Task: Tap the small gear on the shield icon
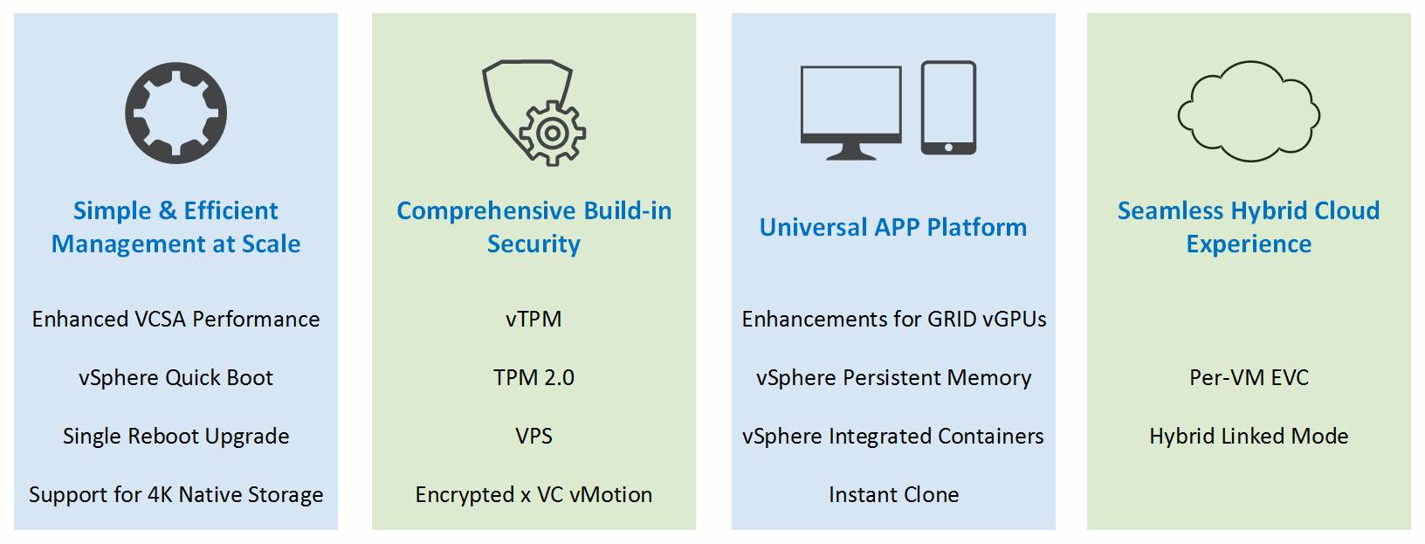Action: pyautogui.click(x=552, y=133)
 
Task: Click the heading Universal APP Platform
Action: pyautogui.click(x=893, y=227)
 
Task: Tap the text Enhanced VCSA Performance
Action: pyautogui.click(x=176, y=319)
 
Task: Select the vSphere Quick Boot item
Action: pyautogui.click(x=176, y=377)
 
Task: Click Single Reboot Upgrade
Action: pyautogui.click(x=176, y=436)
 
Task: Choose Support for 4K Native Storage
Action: pyautogui.click(x=176, y=494)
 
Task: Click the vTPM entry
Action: pyautogui.click(x=534, y=319)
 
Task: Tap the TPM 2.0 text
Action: pyautogui.click(x=534, y=377)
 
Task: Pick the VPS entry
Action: pyautogui.click(x=534, y=436)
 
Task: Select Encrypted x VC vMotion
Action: pyautogui.click(x=534, y=494)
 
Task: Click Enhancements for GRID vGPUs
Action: pyautogui.click(x=894, y=319)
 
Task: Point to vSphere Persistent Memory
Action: pyautogui.click(x=894, y=377)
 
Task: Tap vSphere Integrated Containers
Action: pyautogui.click(x=893, y=436)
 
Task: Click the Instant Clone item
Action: pyautogui.click(x=894, y=494)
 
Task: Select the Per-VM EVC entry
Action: pyautogui.click(x=1249, y=377)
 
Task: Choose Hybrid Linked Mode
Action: pyautogui.click(x=1249, y=436)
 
